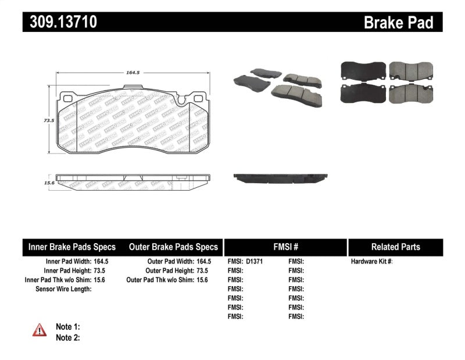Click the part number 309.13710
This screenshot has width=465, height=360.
tap(60, 22)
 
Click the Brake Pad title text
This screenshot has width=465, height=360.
tap(398, 23)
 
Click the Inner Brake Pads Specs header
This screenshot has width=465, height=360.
tap(72, 247)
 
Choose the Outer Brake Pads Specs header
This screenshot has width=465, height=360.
tap(173, 247)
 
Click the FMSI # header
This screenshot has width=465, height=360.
tap(285, 247)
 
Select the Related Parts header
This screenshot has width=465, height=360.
tap(395, 247)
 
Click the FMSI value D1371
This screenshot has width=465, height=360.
tap(255, 262)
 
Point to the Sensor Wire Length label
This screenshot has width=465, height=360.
tap(63, 289)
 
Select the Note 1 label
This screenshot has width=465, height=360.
tap(67, 327)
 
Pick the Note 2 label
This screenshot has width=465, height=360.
tap(67, 337)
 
